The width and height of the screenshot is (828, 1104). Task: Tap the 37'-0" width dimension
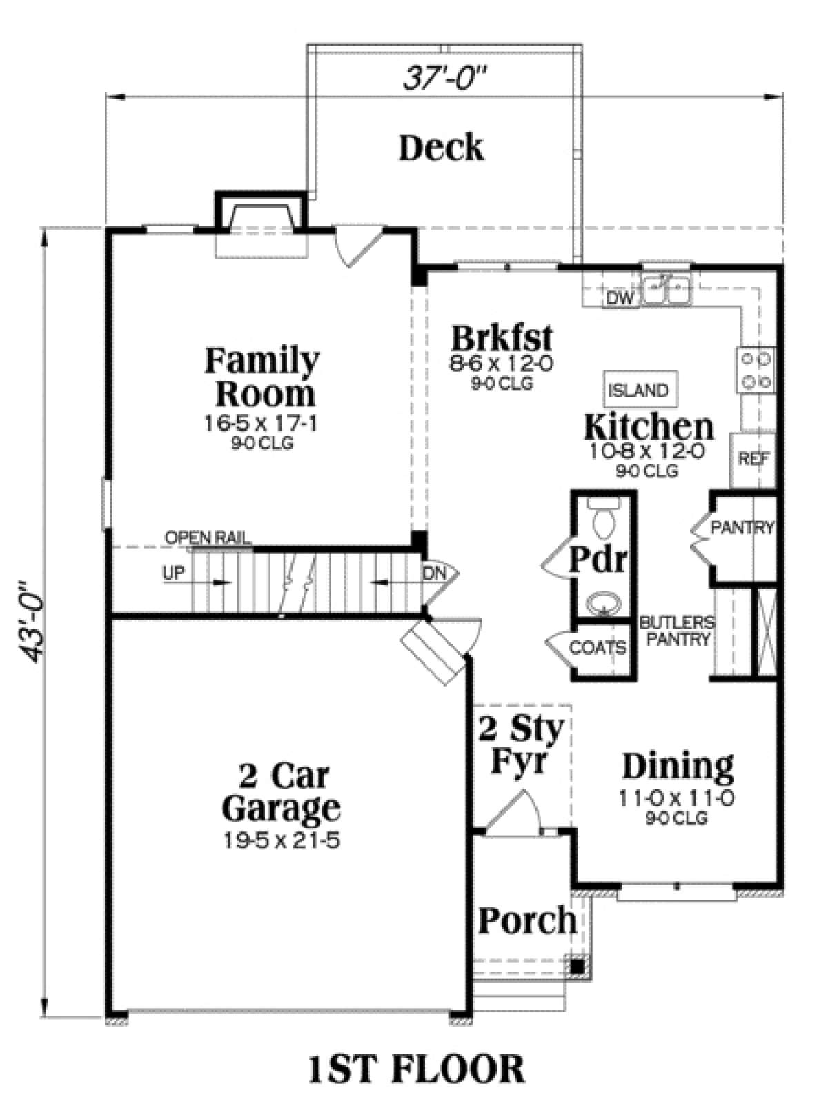445,79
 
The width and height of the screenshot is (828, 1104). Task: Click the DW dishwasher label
620,298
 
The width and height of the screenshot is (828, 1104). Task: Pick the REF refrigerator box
753,460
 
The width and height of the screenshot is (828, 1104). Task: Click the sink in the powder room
604,602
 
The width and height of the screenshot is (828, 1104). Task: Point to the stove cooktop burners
757,371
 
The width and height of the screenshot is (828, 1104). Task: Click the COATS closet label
598,647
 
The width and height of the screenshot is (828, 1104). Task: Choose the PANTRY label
742,528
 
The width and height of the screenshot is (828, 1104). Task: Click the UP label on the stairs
174,573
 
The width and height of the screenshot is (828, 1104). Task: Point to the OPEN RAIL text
208,538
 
